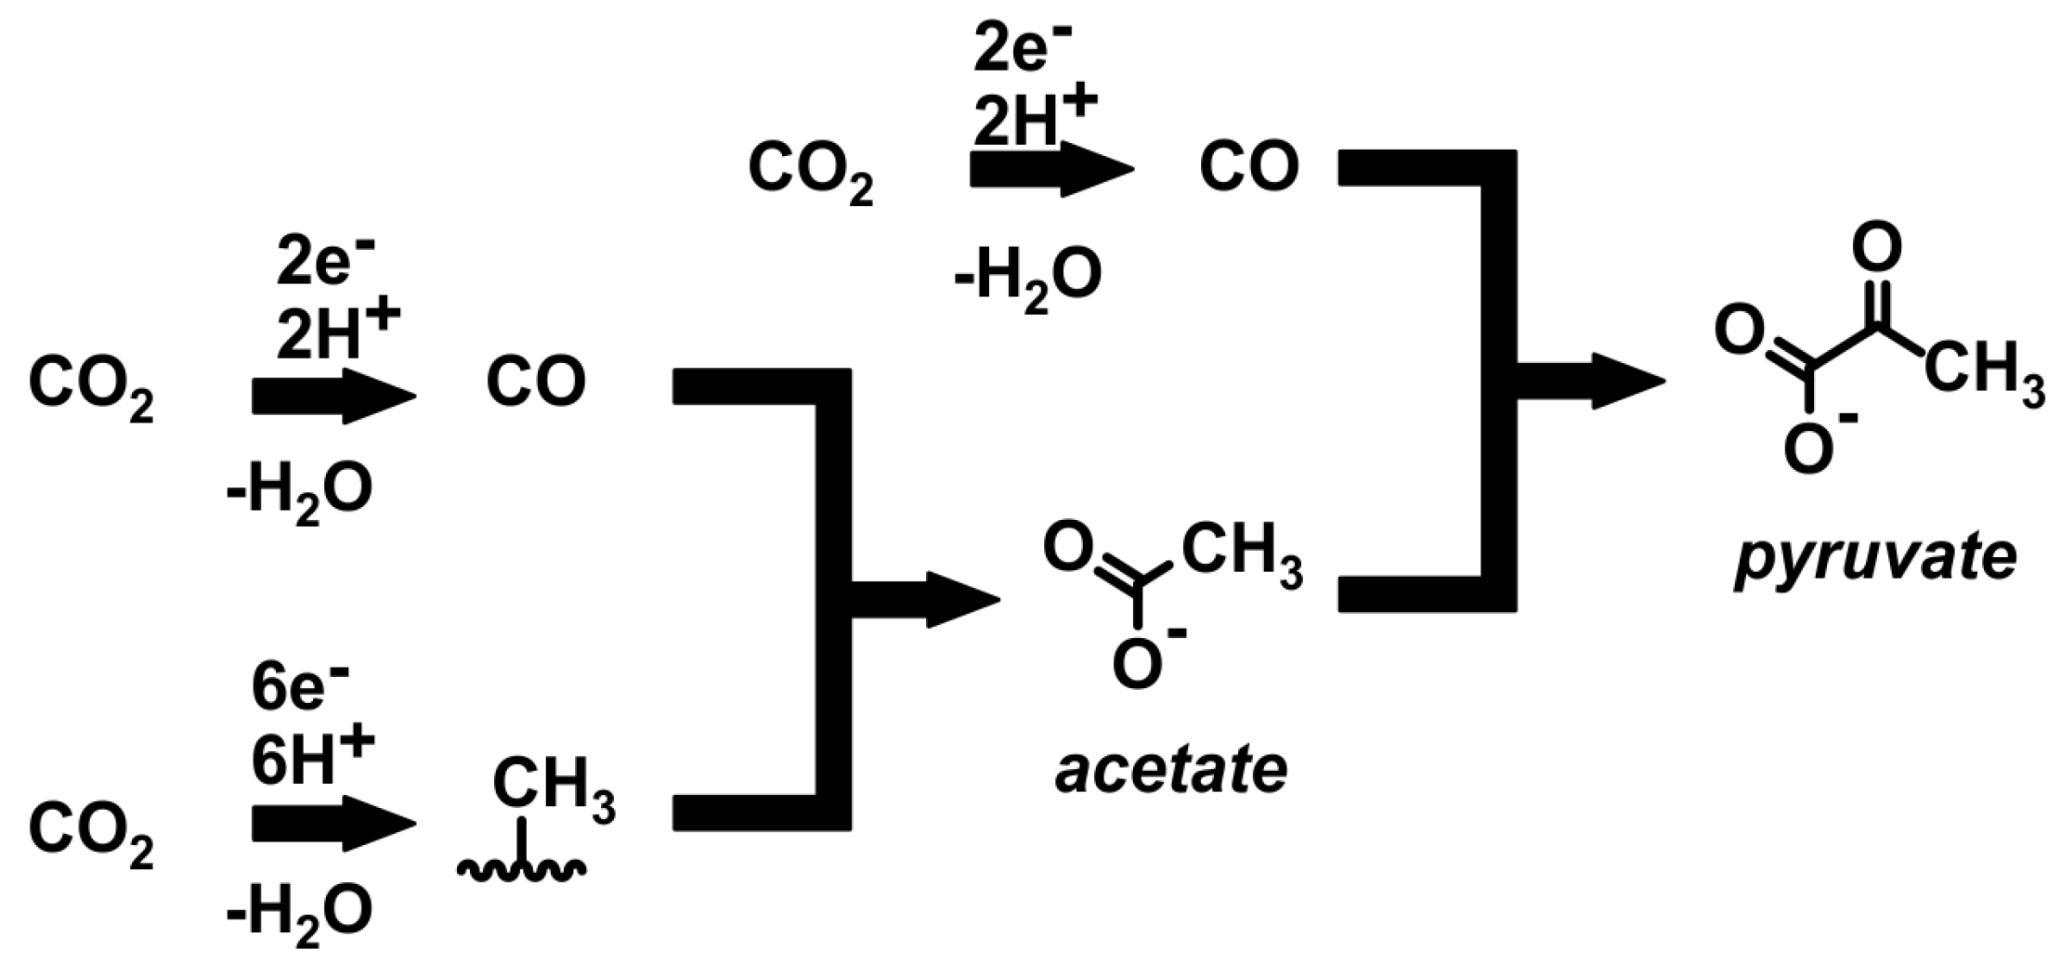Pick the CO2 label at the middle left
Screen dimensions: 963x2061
91,387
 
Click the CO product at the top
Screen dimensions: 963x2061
1248,168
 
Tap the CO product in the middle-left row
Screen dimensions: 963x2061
536,382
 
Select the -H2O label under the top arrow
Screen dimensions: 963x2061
1027,276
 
